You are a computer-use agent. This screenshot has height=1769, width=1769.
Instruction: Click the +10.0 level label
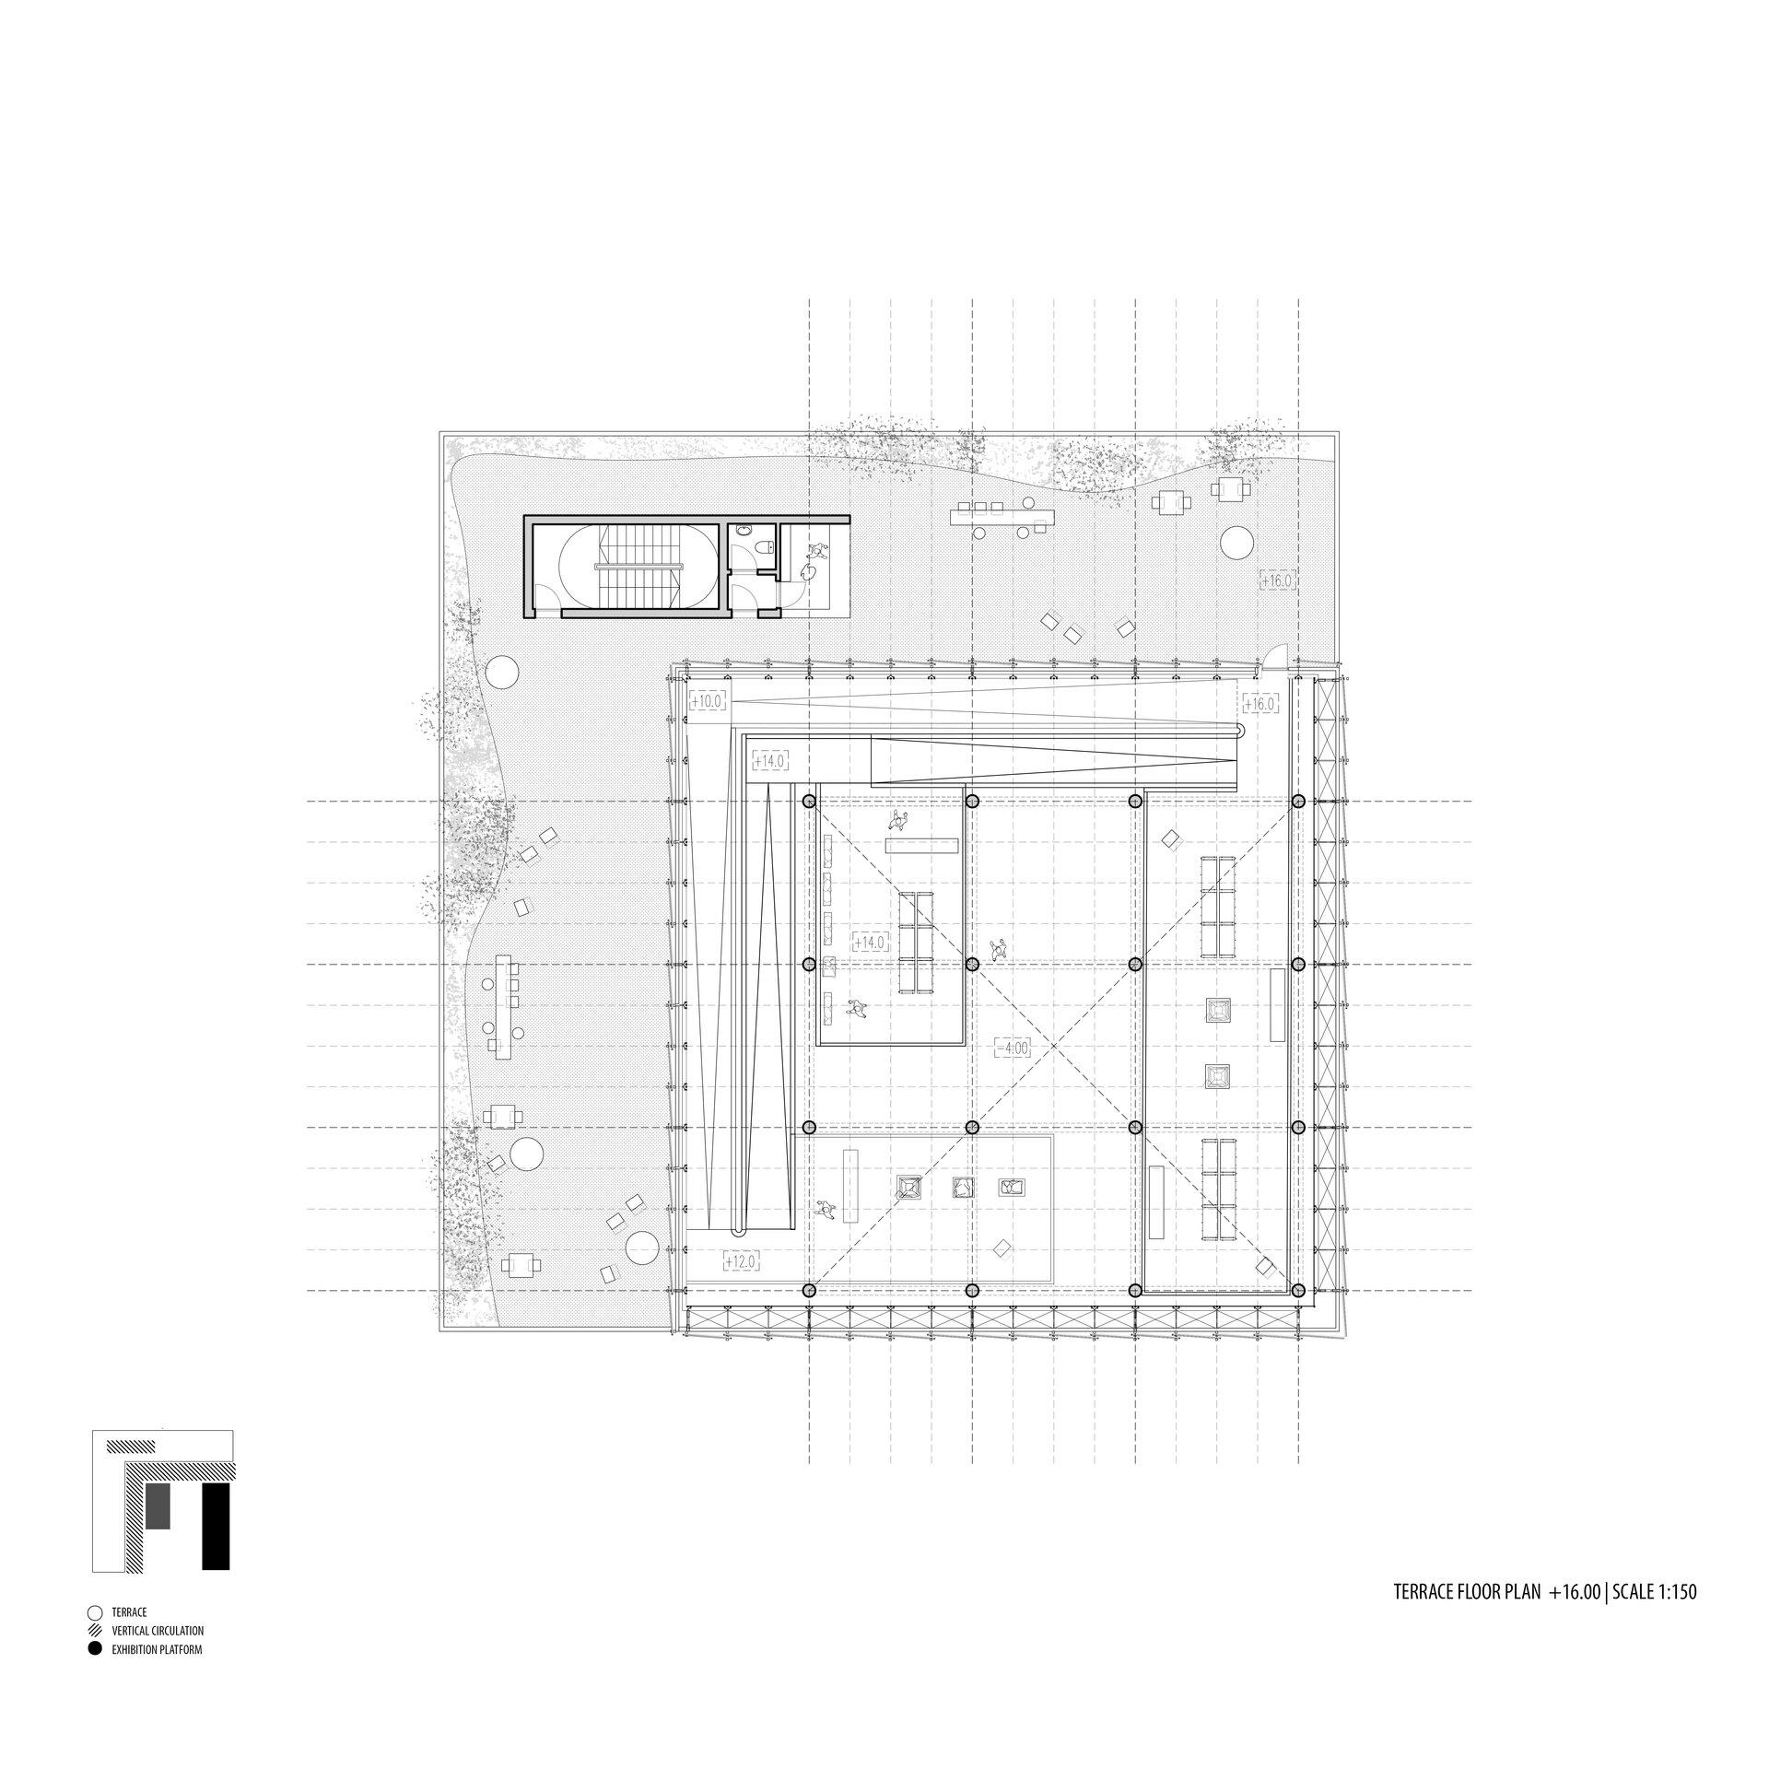click(x=709, y=701)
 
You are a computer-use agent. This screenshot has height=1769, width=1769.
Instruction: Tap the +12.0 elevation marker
click(x=742, y=1260)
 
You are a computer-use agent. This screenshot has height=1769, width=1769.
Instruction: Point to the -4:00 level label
click(x=1013, y=1048)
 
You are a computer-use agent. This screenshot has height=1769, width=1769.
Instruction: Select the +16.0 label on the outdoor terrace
click(x=1278, y=580)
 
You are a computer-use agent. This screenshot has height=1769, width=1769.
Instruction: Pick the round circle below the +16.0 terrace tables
click(x=1236, y=542)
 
